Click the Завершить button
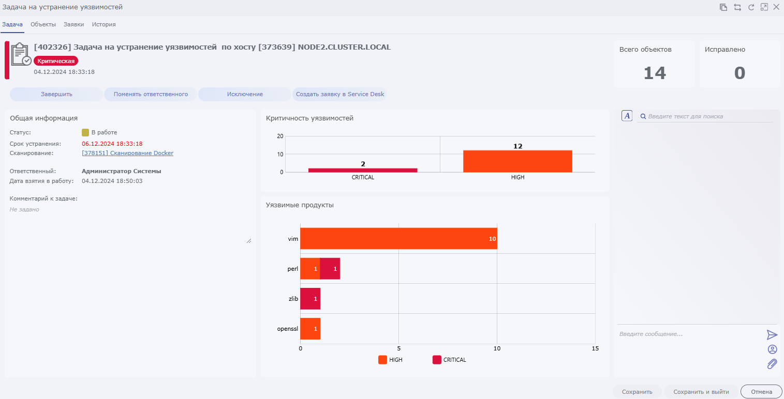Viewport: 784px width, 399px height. [56, 94]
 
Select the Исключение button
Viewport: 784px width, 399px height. [245, 94]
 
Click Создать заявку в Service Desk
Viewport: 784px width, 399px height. [339, 94]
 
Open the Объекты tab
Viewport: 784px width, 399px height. [43, 24]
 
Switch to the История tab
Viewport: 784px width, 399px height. [103, 24]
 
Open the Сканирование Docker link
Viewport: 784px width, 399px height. [127, 153]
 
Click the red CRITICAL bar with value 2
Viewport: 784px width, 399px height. [362, 170]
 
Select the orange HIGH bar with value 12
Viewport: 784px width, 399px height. [517, 161]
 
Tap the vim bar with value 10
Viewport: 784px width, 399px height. [398, 239]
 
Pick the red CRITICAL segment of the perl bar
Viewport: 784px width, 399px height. [330, 269]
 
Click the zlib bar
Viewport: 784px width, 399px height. [310, 299]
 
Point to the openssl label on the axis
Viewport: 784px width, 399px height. [288, 329]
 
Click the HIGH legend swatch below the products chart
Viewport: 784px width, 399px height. [382, 360]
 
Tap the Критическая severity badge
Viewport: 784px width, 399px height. [56, 61]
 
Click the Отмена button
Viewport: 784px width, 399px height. [761, 392]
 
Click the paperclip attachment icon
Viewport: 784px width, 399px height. [772, 364]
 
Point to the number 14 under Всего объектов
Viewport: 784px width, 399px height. [654, 73]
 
